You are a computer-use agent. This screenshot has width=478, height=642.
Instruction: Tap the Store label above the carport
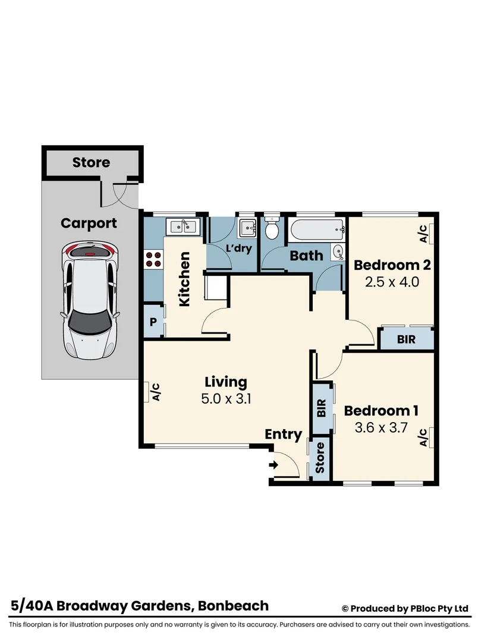point(91,162)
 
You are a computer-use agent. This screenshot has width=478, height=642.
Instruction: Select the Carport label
point(89,224)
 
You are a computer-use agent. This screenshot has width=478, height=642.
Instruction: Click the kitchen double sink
point(183,227)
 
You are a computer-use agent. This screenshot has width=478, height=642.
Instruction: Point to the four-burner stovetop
point(153,259)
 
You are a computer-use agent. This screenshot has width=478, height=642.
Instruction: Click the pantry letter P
point(153,322)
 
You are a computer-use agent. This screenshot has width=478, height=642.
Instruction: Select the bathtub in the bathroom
point(317,229)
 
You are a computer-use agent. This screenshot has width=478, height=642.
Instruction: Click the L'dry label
point(241,250)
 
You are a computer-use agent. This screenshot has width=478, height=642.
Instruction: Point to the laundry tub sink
point(247,228)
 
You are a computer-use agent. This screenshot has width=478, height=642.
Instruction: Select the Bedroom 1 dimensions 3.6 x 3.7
point(381,427)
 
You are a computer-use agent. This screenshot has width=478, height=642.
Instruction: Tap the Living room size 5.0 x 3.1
point(226,398)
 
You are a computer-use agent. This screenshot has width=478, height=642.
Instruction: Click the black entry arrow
point(275,465)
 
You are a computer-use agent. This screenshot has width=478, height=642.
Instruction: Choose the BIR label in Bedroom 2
point(406,339)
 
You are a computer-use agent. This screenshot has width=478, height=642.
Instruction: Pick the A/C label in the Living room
point(156,392)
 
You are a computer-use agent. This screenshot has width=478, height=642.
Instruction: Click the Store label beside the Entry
point(320,460)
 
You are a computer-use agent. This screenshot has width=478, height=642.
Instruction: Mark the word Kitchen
point(184,279)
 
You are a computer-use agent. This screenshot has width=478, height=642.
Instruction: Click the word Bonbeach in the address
point(233,606)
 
